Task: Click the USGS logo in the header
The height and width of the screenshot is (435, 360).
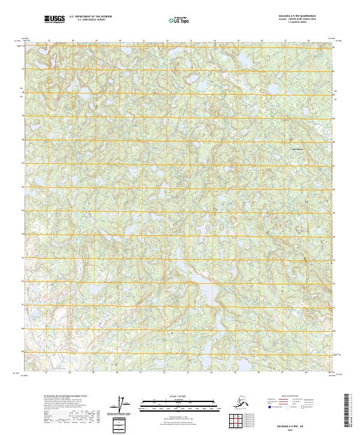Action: (53, 20)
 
